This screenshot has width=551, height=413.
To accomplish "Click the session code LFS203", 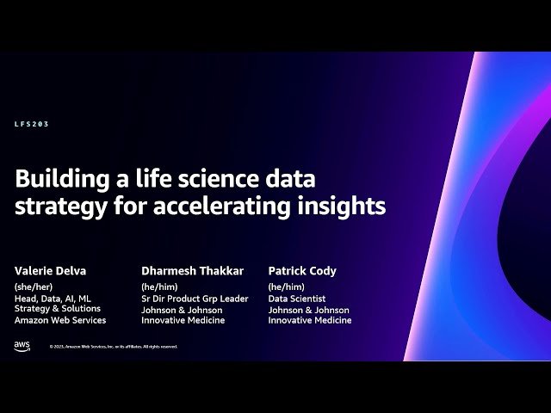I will (x=32, y=124).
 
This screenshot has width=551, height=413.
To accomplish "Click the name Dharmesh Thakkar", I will (x=191, y=271).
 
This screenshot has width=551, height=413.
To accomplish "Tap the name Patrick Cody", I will (x=302, y=271).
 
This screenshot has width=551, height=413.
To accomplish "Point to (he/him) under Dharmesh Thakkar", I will (x=159, y=287).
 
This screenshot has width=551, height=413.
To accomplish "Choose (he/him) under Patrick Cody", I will (x=286, y=287).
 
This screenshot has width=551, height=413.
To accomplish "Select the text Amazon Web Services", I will (x=60, y=320).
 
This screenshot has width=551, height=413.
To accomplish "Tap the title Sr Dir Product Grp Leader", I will (x=195, y=299).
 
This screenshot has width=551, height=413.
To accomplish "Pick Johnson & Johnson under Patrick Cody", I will (x=308, y=310).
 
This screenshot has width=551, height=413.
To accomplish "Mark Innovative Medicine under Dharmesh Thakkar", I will (x=183, y=320).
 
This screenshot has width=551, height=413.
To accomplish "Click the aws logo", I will (x=22, y=346).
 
